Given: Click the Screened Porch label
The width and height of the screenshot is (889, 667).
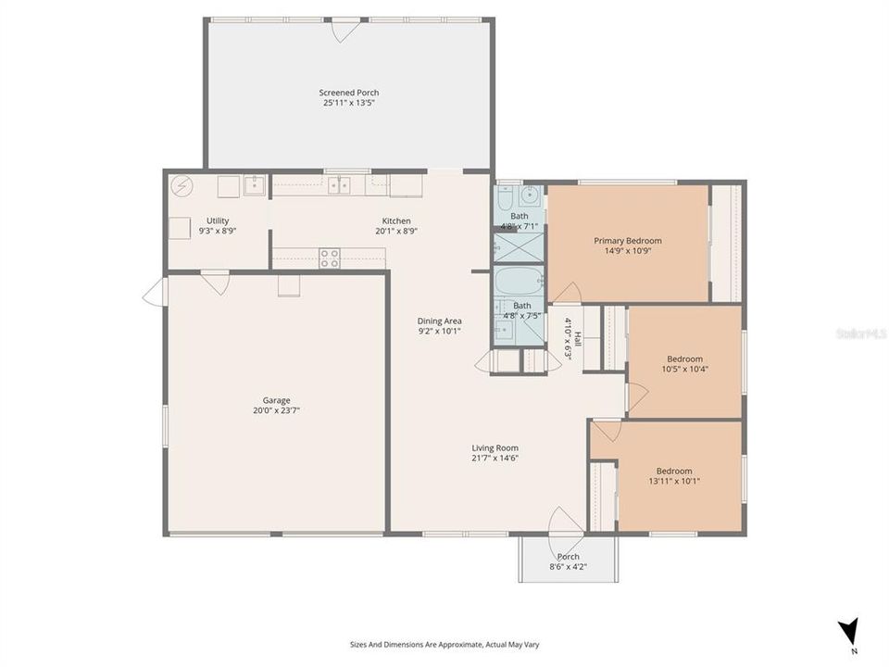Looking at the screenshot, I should [x=348, y=93].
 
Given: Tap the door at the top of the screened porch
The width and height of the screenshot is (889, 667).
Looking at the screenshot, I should [x=344, y=30].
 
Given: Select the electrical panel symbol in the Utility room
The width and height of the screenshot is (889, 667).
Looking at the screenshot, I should [x=182, y=185].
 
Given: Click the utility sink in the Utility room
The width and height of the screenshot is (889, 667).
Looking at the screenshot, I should [x=255, y=185].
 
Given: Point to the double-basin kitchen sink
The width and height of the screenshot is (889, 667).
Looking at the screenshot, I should [x=339, y=185].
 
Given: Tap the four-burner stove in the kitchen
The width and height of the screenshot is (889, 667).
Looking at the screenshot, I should [x=330, y=258].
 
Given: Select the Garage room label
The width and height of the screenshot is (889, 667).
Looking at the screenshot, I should [x=276, y=400].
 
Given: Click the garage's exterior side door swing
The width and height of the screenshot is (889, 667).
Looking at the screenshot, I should [x=153, y=291].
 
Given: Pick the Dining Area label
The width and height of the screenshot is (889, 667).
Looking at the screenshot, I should [x=439, y=321].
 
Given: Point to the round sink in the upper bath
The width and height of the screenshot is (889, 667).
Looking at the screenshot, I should [x=532, y=195].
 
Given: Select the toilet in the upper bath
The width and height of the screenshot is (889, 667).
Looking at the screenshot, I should [x=504, y=198].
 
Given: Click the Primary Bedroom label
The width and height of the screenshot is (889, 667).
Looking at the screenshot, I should [x=627, y=240].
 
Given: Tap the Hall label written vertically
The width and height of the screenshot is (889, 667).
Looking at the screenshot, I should [x=579, y=340].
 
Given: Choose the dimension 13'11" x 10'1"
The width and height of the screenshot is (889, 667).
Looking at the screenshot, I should [x=673, y=482].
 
